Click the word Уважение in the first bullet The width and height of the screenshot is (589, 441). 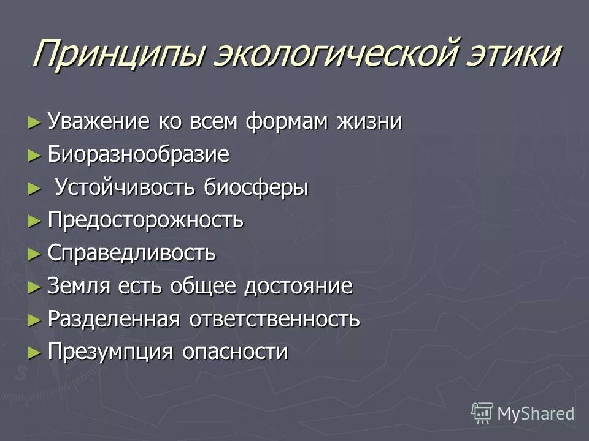[x=98, y=121]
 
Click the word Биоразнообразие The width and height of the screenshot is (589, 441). [x=139, y=154]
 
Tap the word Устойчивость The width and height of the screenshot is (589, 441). [x=126, y=187]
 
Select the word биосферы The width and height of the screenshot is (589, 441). [x=256, y=187]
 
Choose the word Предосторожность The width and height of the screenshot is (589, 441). [x=146, y=221]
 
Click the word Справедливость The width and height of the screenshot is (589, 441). [x=132, y=254]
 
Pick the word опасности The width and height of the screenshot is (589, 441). [x=235, y=353]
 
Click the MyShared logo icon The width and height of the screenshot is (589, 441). [x=482, y=412]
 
